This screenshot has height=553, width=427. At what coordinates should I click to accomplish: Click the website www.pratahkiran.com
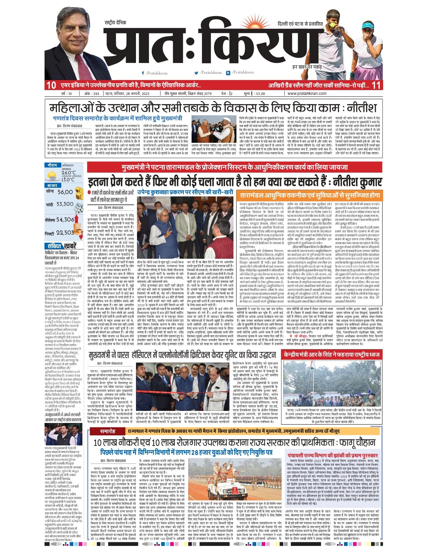point(307,94)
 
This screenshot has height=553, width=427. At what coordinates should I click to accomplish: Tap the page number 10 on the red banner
point(51,85)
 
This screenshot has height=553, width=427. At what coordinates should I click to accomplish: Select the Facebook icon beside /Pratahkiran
point(143,73)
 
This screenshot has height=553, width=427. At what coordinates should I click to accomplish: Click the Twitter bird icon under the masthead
point(196,73)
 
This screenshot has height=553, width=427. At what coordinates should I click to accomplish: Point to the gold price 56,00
point(65,192)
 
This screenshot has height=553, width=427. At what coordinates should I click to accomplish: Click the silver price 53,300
point(65,204)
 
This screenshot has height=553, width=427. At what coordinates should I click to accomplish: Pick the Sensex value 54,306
point(65,220)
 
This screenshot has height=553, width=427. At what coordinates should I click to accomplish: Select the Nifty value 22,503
point(65,232)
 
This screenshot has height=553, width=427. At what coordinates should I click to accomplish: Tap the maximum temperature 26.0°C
point(68,173)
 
